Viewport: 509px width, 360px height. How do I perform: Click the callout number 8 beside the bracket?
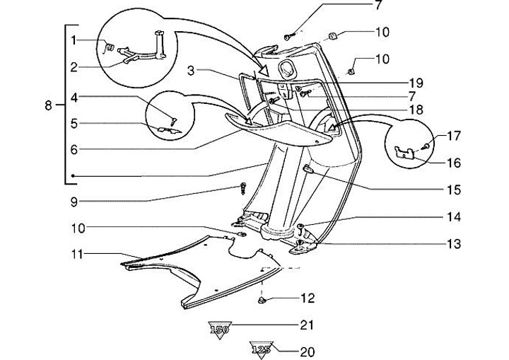tap(48, 105)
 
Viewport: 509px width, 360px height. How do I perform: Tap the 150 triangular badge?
tap(220, 330)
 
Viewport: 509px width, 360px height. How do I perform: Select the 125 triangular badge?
tap(261, 349)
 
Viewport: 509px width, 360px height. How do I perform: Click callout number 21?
tap(307, 325)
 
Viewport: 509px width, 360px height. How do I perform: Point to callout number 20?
tap(307, 352)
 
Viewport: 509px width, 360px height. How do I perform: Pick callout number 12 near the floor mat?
tap(308, 298)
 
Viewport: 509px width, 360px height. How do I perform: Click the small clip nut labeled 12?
tap(262, 301)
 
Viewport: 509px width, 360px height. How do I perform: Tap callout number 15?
tap(453, 190)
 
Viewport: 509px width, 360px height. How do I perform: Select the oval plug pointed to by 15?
tap(308, 169)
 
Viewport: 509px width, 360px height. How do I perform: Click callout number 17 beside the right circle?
tap(453, 136)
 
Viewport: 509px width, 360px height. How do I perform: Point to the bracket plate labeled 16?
tap(404, 152)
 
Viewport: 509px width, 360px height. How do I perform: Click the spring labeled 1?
tap(110, 48)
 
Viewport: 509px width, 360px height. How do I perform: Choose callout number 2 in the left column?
tap(74, 67)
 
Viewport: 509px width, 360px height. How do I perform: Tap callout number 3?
tap(191, 70)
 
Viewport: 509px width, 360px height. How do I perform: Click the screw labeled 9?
tap(242, 188)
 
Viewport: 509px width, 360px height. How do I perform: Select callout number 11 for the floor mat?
tap(78, 255)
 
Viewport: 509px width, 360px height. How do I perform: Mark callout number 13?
tap(453, 244)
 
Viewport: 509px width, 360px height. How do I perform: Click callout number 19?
tap(416, 83)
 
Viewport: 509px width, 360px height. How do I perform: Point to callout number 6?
tap(74, 149)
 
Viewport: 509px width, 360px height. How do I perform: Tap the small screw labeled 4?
tap(174, 121)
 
